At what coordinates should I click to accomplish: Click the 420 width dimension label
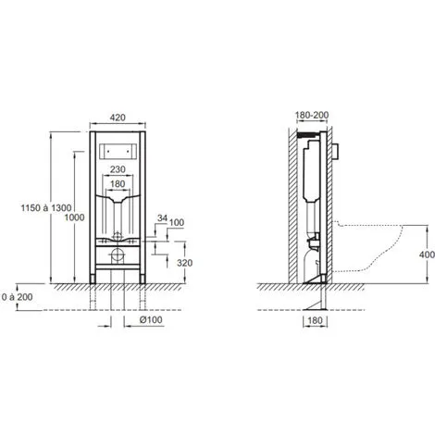tap(118, 118)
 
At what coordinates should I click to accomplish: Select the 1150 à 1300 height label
tap(46, 208)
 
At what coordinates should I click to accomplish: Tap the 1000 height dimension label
tap(74, 217)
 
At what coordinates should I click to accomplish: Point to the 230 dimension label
tap(118, 169)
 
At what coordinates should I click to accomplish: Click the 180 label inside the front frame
tap(118, 184)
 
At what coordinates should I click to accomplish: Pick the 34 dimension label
tap(163, 218)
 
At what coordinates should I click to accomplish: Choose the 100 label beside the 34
tap(177, 222)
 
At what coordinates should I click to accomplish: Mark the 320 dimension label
tap(185, 263)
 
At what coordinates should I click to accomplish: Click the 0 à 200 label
tap(18, 297)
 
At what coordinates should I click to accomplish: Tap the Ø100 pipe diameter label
tap(151, 320)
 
